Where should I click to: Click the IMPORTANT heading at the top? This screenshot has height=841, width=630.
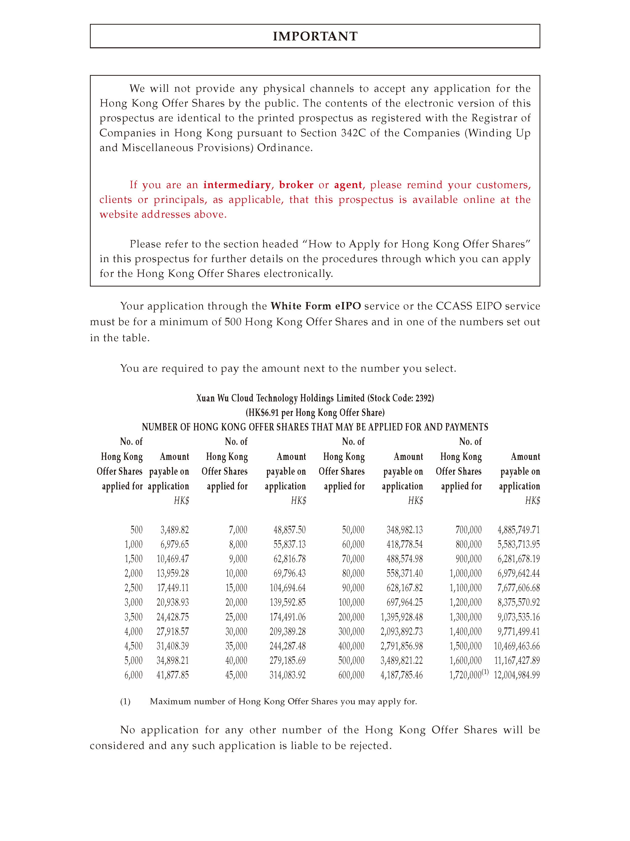coord(315,36)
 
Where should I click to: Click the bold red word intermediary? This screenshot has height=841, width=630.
coord(237,185)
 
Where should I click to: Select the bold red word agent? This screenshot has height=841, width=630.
coord(348,185)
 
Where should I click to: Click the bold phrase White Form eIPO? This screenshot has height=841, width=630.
coord(315,306)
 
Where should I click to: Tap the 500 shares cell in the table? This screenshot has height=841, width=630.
coord(136,530)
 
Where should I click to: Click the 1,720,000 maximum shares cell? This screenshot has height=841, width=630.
coord(465,675)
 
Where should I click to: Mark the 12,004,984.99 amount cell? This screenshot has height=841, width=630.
coord(516,675)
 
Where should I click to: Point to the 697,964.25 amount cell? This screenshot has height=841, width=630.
coord(404,602)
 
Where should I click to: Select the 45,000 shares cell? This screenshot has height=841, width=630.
coord(236,675)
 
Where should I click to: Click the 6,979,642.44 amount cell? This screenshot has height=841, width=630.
coord(518,573)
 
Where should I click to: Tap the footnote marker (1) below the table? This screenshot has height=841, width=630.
coord(125,701)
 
